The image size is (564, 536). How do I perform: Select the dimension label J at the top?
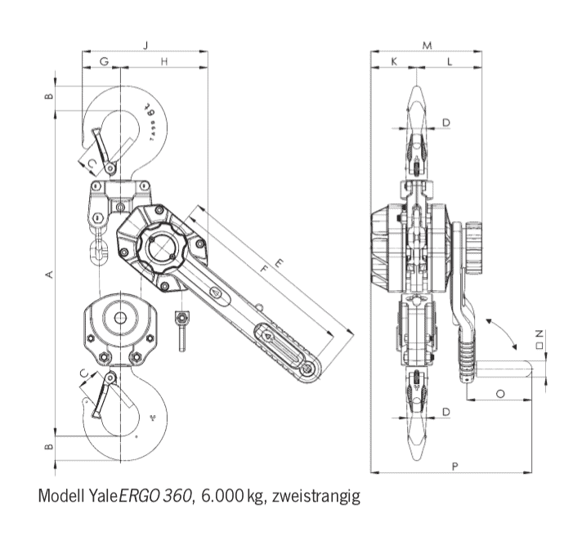click(145, 45)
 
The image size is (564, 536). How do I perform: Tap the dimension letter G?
click(103, 62)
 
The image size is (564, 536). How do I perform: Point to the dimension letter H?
click(164, 62)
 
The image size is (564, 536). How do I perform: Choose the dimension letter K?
click(394, 62)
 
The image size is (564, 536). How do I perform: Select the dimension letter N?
click(539, 333)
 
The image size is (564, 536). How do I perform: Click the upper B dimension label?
click(49, 96)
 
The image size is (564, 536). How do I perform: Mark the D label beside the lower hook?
click(446, 412)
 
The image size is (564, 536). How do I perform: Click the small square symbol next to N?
click(539, 346)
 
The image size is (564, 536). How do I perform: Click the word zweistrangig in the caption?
click(316, 495)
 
